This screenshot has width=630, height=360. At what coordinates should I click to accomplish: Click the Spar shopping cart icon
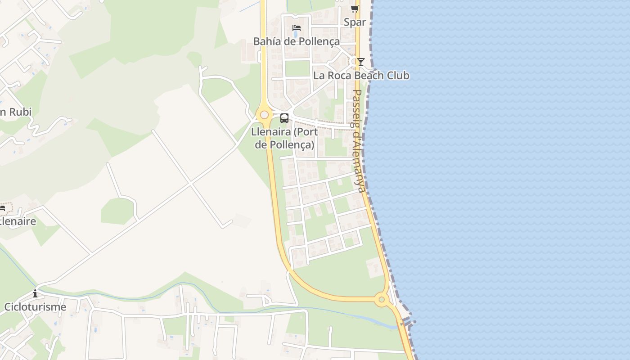point(355,9)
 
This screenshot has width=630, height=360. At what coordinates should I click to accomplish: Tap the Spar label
point(355,22)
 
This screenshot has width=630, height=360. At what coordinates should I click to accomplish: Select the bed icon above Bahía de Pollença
point(296,28)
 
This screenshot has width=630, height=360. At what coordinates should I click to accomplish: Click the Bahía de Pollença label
point(296,41)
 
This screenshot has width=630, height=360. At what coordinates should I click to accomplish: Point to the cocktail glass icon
point(360,62)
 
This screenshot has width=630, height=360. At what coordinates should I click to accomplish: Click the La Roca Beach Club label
point(361,75)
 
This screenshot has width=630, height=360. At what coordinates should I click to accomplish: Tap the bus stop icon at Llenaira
point(284,118)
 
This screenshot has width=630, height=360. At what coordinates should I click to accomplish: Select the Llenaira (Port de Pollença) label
point(284,138)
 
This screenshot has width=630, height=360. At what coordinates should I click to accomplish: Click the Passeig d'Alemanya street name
point(358,140)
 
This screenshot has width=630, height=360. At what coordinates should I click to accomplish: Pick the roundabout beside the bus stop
point(264,115)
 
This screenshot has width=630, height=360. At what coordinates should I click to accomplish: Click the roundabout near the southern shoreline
point(382,299)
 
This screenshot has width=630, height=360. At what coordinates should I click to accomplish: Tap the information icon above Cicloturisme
point(35,294)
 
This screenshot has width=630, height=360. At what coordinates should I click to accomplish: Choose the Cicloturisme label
point(35,307)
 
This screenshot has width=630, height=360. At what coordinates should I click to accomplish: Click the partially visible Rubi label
point(16,112)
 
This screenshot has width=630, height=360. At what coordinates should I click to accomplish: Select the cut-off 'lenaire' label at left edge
point(18,221)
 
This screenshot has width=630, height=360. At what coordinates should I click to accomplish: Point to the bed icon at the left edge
point(2,208)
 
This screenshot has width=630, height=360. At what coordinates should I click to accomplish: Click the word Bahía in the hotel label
point(266,41)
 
